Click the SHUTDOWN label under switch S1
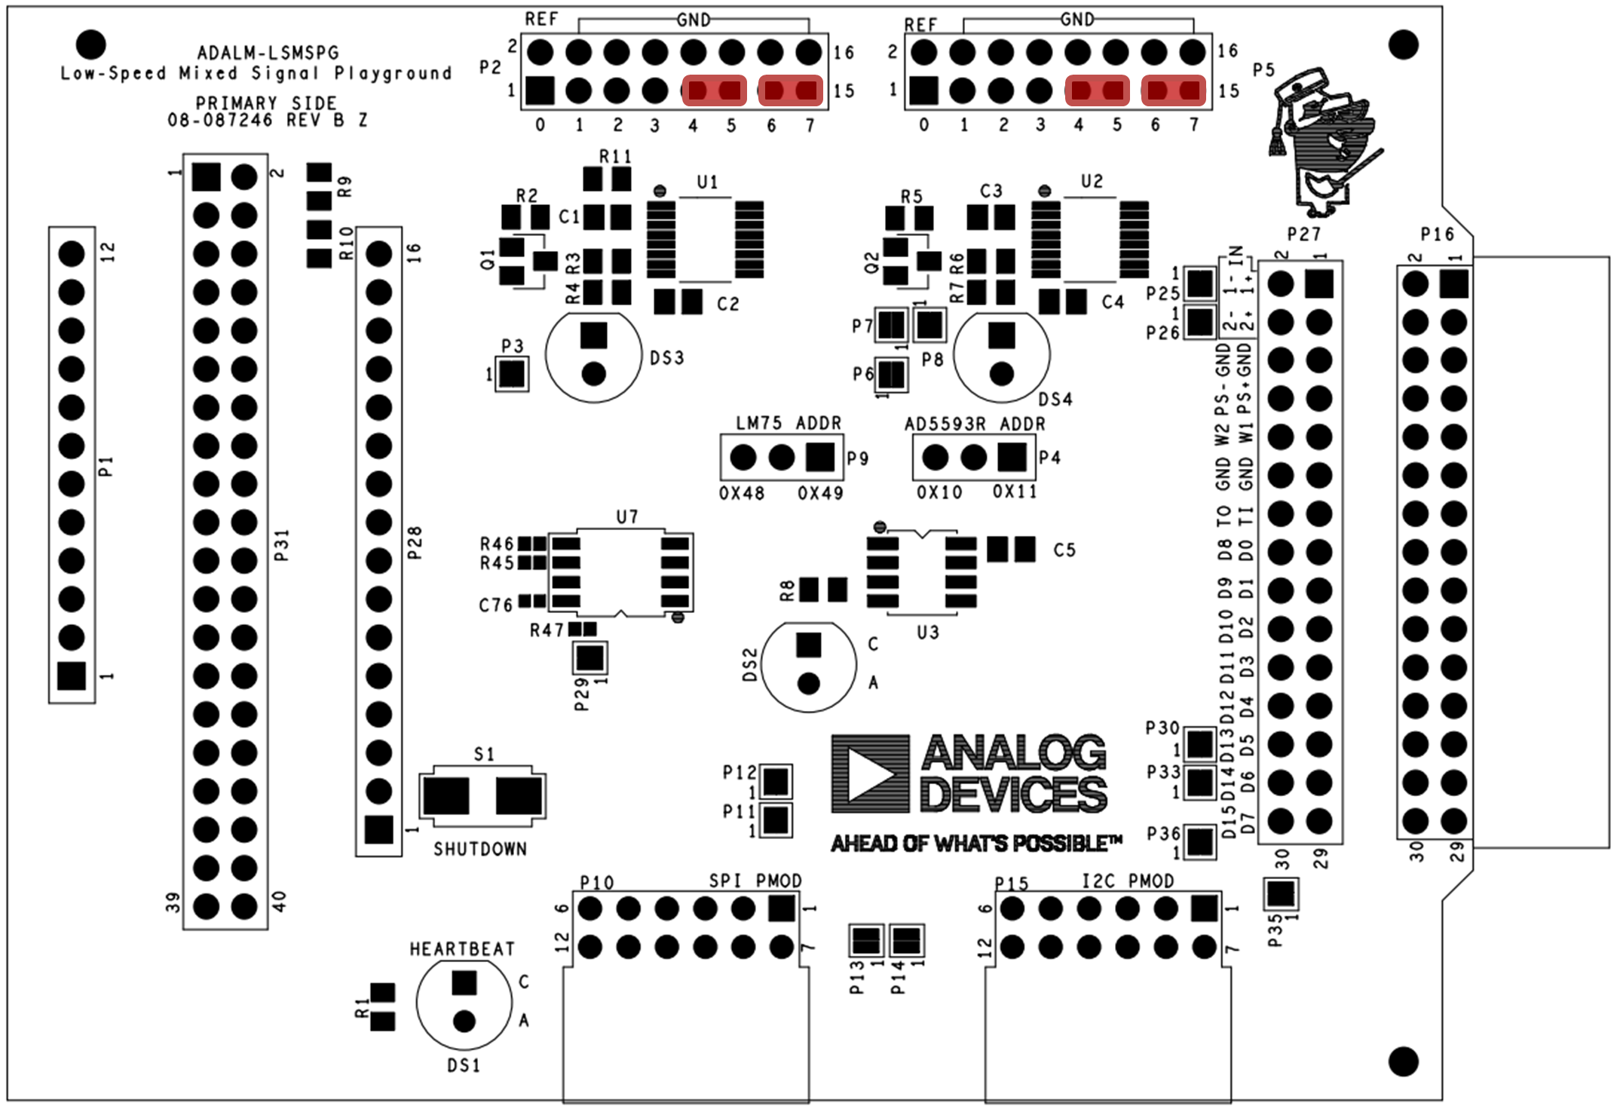[x=479, y=849]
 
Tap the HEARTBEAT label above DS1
[x=462, y=949]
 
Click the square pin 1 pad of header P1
[x=72, y=676]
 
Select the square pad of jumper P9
[x=819, y=457]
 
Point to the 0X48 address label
[x=742, y=493]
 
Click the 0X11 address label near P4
[x=1015, y=492]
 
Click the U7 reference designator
[x=627, y=516]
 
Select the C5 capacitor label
[x=1064, y=550]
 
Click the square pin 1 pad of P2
[x=540, y=90]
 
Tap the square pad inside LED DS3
[x=594, y=335]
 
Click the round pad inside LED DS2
[x=808, y=684]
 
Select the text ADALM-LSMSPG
[x=268, y=53]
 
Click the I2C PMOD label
[x=1128, y=881]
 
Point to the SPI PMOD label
[x=755, y=881]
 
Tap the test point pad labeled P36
[x=1199, y=842]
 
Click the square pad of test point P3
[x=512, y=375]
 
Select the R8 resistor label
[x=787, y=590]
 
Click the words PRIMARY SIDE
[x=266, y=103]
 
